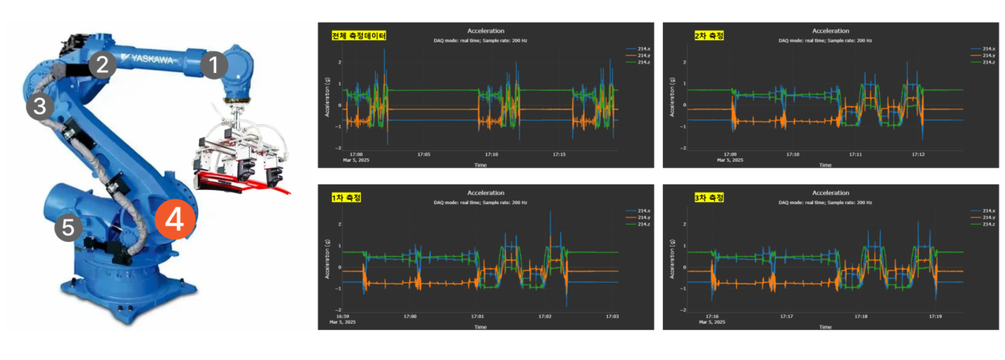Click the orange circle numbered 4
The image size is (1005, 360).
tap(174, 219)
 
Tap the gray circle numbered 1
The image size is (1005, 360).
tap(213, 65)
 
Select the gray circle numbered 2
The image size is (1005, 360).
tap(102, 64)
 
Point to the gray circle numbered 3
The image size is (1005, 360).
tap(40, 106)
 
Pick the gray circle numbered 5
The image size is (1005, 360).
tap(68, 228)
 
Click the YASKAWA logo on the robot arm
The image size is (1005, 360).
tap(147, 59)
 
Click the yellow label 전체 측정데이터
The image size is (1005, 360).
tap(359, 36)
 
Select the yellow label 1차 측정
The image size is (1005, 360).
tap(346, 198)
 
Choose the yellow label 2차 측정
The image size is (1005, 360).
tap(709, 36)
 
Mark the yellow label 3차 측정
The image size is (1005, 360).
tap(709, 198)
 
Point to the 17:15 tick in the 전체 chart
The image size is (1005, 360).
tap(559, 155)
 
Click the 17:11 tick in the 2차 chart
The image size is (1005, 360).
tap(855, 155)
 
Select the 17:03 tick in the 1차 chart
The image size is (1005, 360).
tap(612, 316)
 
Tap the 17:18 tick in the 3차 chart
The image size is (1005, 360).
tap(861, 316)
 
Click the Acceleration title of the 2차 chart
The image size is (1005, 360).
tap(830, 31)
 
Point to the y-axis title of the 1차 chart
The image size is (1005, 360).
tap(327, 259)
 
